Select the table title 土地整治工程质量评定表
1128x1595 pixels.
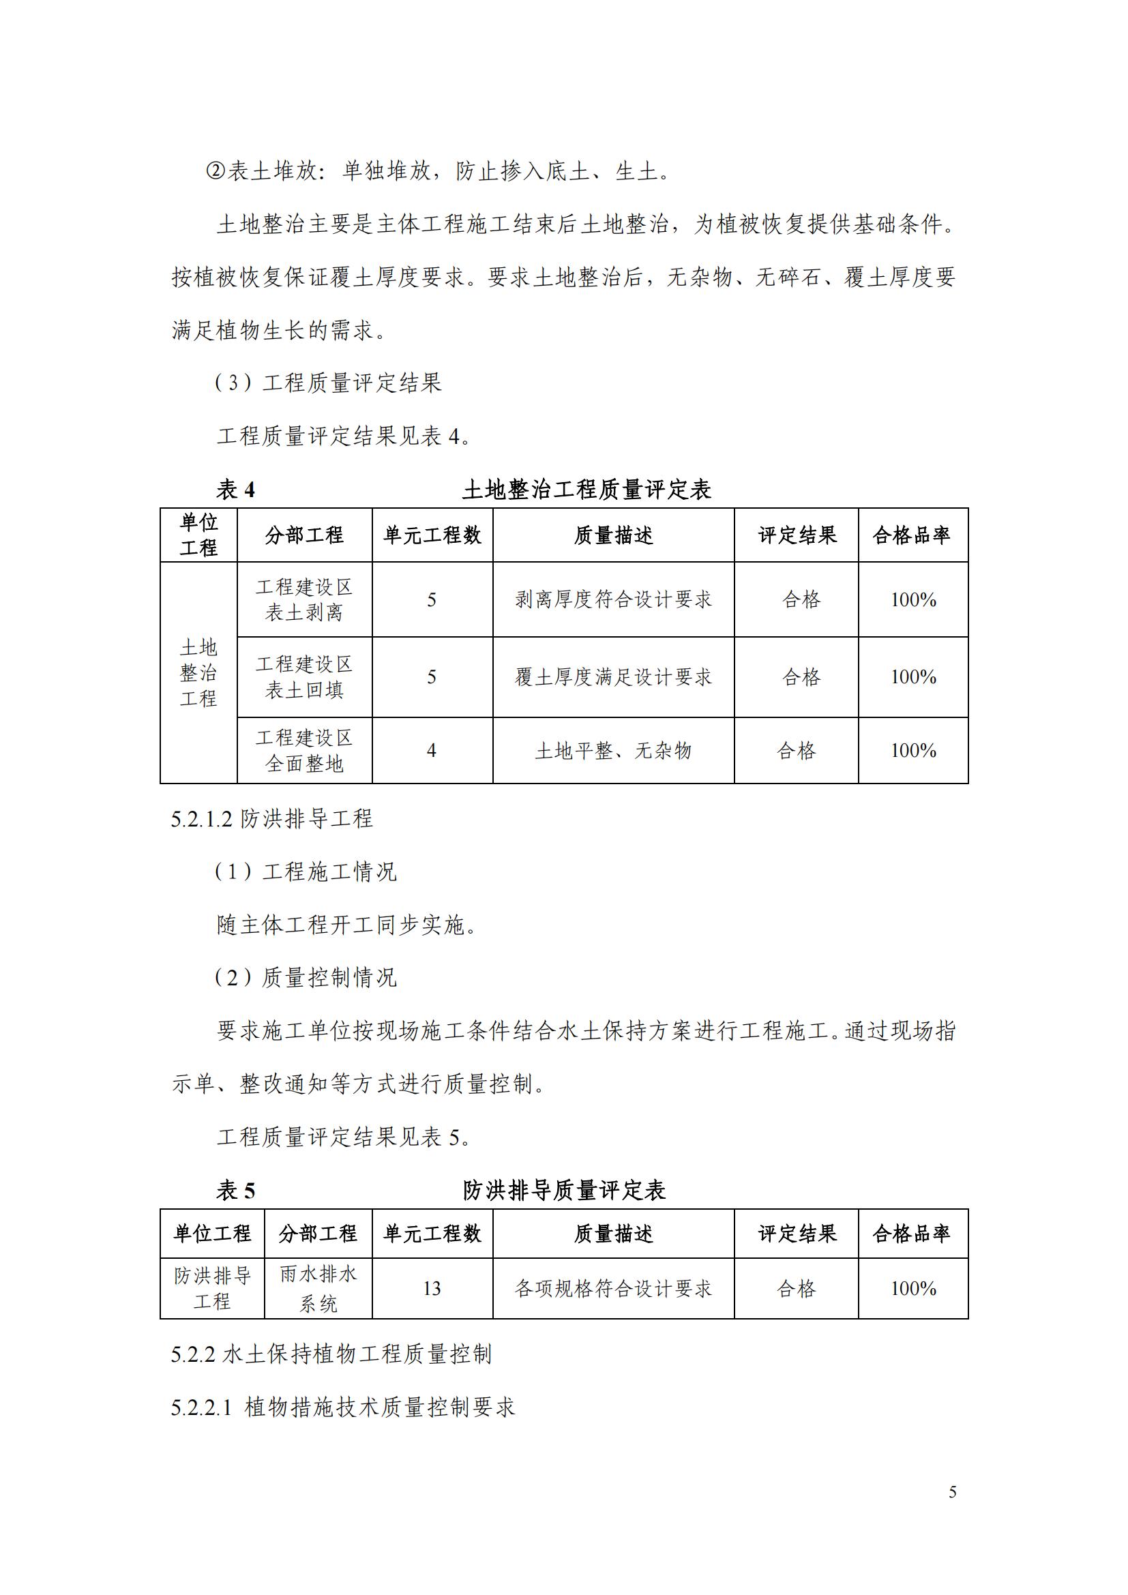587,490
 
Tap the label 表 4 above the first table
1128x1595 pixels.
235,490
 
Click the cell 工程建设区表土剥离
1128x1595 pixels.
304,599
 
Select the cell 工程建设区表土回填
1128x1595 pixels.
304,676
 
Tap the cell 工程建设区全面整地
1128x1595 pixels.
304,750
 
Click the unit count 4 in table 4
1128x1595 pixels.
431,750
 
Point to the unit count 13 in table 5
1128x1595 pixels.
431,1289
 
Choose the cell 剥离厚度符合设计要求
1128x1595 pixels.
613,599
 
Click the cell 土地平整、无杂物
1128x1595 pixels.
613,750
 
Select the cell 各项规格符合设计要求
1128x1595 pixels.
613,1289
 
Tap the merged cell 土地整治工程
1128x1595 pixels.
198,672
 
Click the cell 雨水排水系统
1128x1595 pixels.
318,1289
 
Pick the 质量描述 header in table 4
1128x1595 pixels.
613,535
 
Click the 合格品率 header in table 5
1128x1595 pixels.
912,1234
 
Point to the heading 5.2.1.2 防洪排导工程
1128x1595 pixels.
271,818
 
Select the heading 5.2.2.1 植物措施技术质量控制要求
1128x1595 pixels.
343,1407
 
